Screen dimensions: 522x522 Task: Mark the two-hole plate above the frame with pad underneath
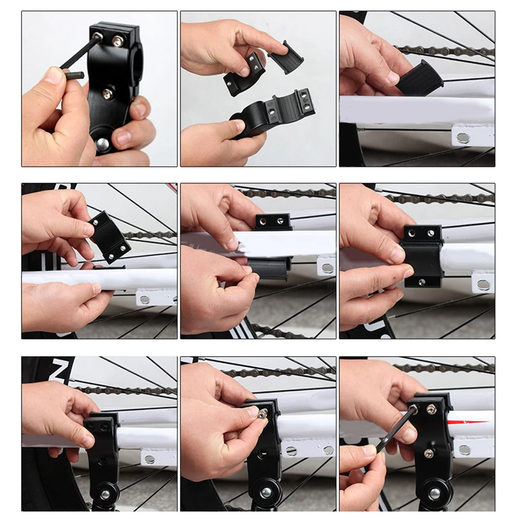click(273, 222)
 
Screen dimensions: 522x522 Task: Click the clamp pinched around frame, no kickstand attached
click(423, 256)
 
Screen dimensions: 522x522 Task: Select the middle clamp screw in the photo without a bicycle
click(108, 93)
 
